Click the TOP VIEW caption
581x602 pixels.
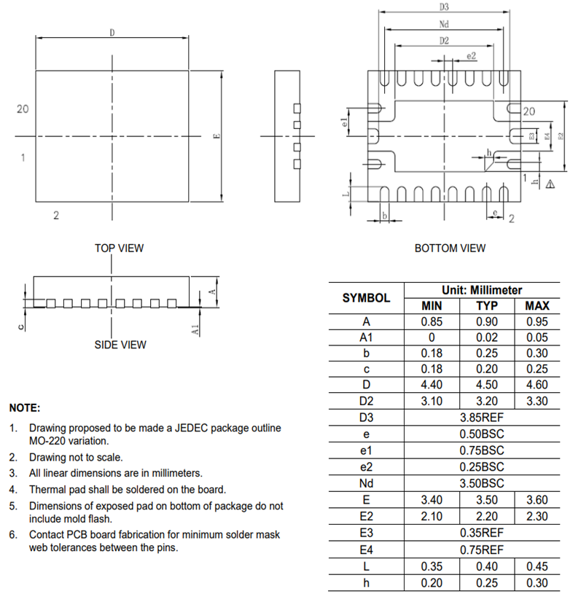(119, 248)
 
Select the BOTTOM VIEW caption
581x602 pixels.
(450, 249)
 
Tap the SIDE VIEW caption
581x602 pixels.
(120, 345)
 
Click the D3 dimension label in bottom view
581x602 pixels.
(444, 7)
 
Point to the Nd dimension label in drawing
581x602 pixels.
(444, 24)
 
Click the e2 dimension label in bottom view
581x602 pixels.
(470, 55)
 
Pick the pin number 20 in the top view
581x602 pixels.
(23, 109)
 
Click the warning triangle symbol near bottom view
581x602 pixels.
(550, 184)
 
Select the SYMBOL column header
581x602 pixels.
(366, 297)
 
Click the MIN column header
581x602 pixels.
(432, 305)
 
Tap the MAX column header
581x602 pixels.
(537, 305)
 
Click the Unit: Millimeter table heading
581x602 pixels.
(481, 290)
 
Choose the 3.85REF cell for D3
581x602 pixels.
(481, 417)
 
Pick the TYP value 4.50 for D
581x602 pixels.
(487, 385)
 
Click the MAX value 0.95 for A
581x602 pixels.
(537, 321)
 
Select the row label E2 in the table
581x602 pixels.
(366, 516)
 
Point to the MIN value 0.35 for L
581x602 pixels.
(432, 566)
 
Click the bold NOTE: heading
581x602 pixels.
(24, 408)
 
